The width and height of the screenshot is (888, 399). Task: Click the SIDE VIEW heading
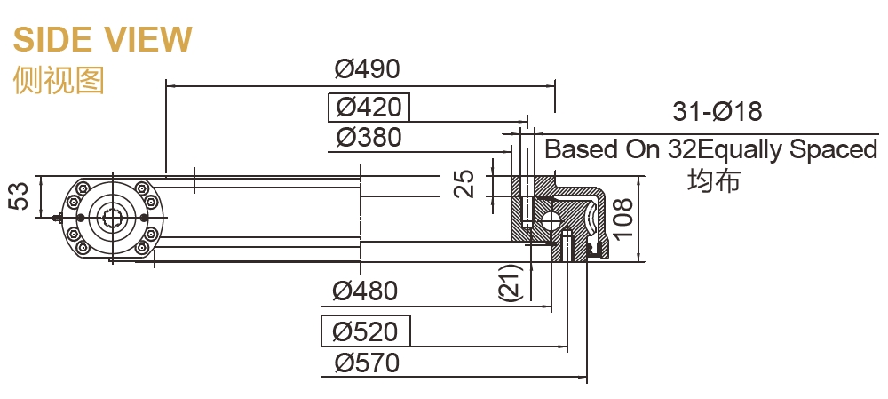point(102,39)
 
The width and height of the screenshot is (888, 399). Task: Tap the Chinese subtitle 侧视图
point(59,80)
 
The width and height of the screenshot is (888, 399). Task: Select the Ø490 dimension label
point(368,68)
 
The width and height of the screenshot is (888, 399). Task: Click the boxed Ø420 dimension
point(369,108)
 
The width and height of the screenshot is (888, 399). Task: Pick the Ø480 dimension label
point(365,291)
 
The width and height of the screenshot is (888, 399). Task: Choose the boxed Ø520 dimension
point(365,331)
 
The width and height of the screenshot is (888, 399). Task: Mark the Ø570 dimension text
point(367,363)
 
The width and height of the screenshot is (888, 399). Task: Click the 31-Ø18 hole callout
point(718,112)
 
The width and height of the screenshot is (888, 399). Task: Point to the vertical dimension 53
point(20,196)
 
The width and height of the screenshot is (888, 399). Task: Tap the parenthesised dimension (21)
point(509,283)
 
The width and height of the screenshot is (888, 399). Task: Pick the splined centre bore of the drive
point(113,217)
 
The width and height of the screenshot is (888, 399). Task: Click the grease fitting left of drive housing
point(59,218)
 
